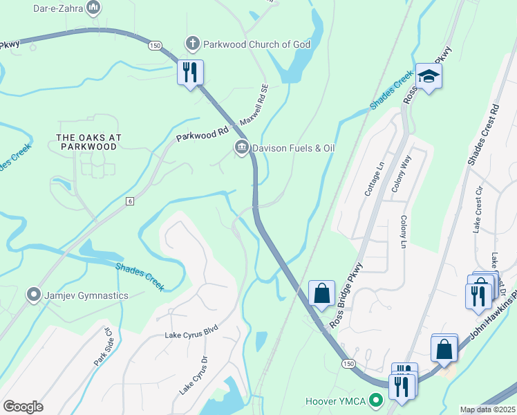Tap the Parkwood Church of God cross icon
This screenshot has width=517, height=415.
(194, 44)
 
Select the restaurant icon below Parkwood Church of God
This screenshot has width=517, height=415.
(190, 72)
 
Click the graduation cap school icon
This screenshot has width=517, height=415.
(429, 75)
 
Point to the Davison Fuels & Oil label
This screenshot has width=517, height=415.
(294, 147)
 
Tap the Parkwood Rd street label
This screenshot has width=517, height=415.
(202, 133)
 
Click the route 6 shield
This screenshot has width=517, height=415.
(129, 201)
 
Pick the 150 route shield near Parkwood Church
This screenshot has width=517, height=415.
(154, 45)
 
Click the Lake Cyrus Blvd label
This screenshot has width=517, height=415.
(191, 335)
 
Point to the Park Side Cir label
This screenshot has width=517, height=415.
(102, 350)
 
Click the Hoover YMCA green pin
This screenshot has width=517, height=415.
(376, 400)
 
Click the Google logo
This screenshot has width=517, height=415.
(23, 407)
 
